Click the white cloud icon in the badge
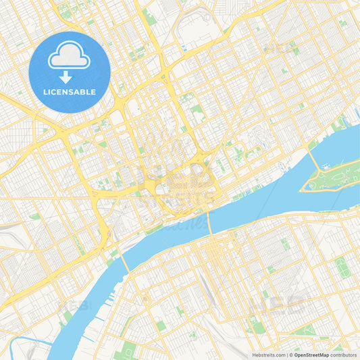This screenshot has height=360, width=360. (70, 56)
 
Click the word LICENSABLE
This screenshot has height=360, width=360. (70, 91)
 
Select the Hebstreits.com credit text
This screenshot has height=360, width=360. (268, 355)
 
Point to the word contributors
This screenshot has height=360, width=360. (344, 355)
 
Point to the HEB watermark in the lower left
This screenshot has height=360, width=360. (74, 305)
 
